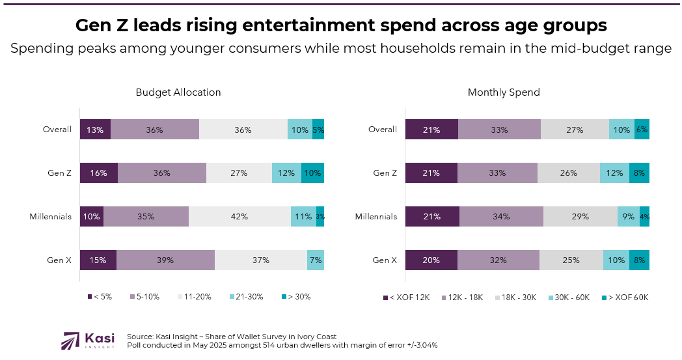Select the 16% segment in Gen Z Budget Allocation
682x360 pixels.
point(99,173)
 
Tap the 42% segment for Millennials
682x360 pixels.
point(239,217)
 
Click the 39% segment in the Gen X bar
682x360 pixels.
point(165,260)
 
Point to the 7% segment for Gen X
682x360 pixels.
point(315,260)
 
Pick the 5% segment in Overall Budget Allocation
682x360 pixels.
point(318,130)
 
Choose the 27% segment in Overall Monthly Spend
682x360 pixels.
point(575,130)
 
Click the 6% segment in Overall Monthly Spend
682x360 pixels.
point(642,130)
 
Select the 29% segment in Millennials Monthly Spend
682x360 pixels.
point(580,217)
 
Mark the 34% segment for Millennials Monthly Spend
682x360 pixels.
point(501,217)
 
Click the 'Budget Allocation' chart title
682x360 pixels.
point(178,92)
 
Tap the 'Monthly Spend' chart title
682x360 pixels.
point(504,92)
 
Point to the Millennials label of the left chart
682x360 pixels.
point(51,217)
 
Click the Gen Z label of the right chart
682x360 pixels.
point(385,173)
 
